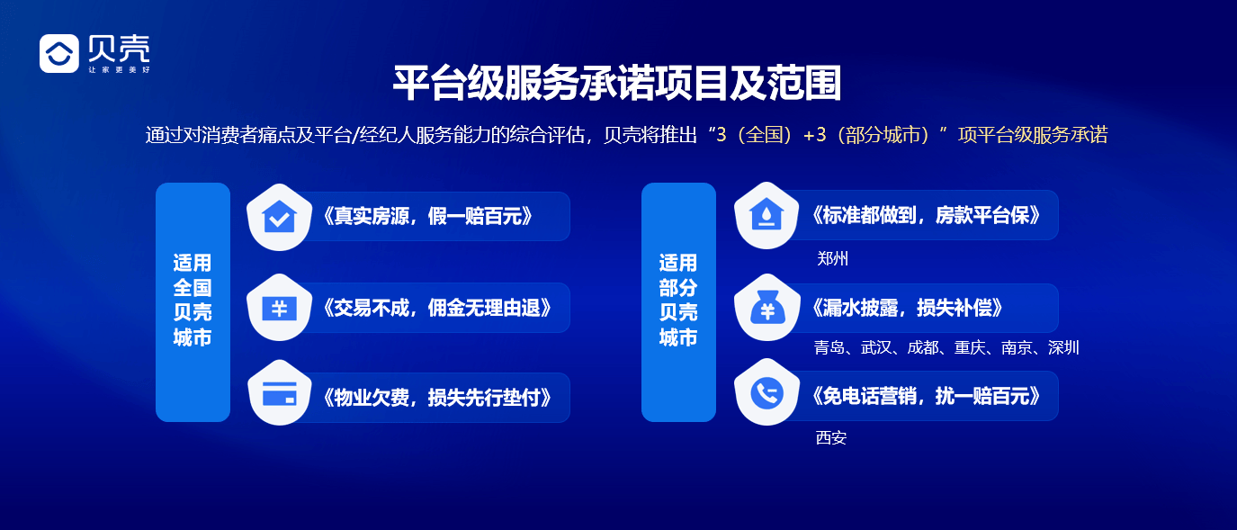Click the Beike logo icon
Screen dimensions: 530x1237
pyautogui.click(x=59, y=53)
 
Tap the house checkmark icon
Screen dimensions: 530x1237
pyautogui.click(x=279, y=217)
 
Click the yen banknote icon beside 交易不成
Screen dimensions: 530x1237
pyautogui.click(x=279, y=308)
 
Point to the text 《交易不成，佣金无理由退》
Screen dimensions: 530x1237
pyautogui.click(x=436, y=308)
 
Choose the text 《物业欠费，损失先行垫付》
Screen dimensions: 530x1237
pyautogui.click(x=436, y=397)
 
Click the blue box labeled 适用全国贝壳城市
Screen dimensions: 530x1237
pyautogui.click(x=193, y=301)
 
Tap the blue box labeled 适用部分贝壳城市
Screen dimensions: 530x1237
pyautogui.click(x=678, y=301)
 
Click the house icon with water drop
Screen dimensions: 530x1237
pyautogui.click(x=766, y=216)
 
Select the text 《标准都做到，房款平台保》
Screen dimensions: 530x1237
pyautogui.click(x=926, y=216)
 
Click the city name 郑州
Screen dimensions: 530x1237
pyautogui.click(x=832, y=259)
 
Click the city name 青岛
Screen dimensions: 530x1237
pyautogui.click(x=829, y=348)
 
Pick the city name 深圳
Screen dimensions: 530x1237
pyautogui.click(x=1063, y=348)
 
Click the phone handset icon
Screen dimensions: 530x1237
pyautogui.click(x=766, y=393)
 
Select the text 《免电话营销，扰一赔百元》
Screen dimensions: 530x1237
pyautogui.click(x=926, y=396)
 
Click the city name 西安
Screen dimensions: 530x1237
pyautogui.click(x=830, y=438)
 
